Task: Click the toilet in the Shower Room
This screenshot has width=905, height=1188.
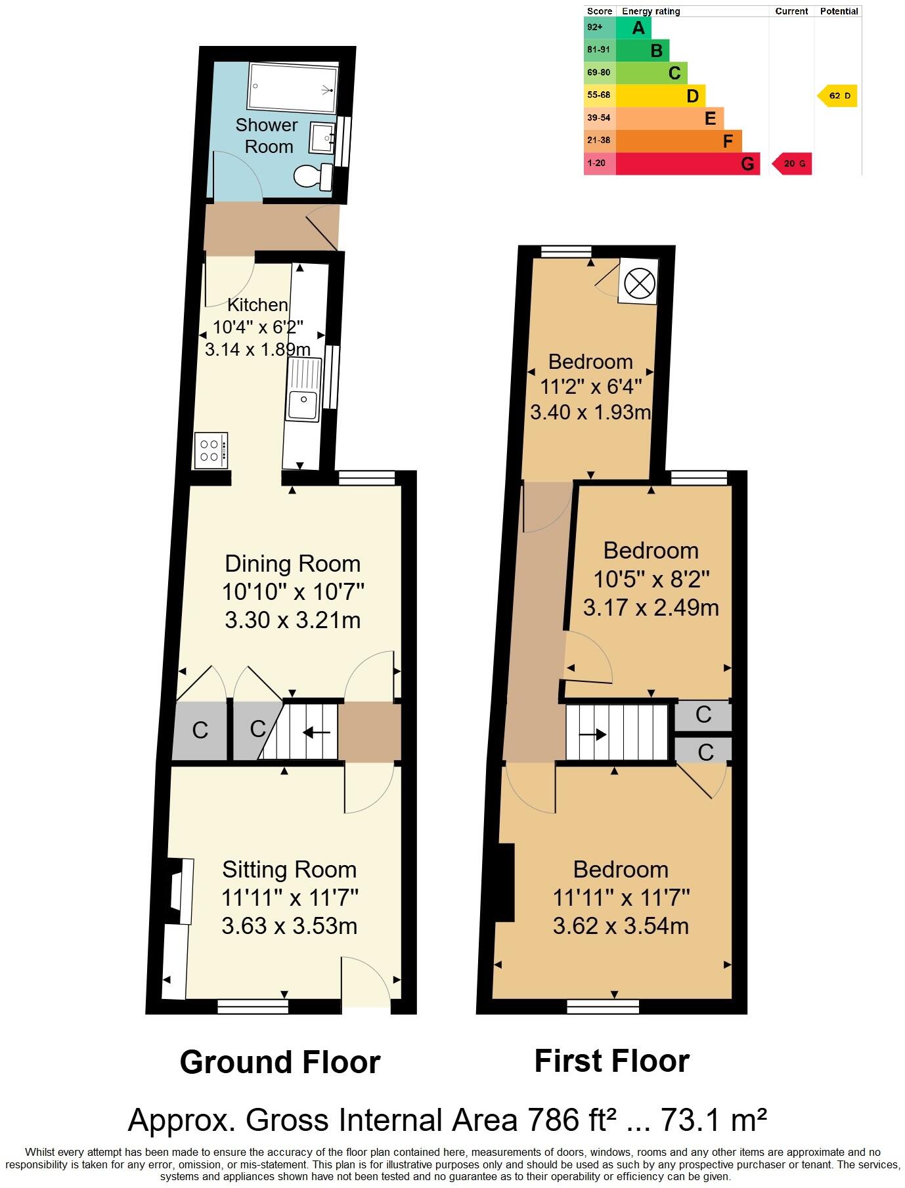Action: [313, 177]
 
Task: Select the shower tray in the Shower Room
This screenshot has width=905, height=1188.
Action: [292, 88]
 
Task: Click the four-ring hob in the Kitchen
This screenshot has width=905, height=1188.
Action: [211, 451]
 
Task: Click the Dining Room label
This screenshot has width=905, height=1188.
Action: [292, 564]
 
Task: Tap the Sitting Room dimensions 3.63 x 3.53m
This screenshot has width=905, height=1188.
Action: [290, 926]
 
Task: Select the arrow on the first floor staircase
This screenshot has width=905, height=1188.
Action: [592, 734]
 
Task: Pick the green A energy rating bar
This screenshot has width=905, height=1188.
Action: [634, 28]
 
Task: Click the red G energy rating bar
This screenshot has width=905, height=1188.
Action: [687, 163]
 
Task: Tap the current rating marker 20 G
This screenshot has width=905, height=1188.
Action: [792, 163]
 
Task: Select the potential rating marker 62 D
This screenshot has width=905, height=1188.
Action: [838, 96]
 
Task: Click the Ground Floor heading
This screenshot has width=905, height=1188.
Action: [280, 1062]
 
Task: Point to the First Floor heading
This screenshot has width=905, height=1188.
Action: [611, 1061]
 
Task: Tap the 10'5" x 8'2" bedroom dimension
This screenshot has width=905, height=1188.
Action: [651, 580]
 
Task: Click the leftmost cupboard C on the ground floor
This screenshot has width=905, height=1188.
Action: [200, 730]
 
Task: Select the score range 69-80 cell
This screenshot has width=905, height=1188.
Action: [599, 73]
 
